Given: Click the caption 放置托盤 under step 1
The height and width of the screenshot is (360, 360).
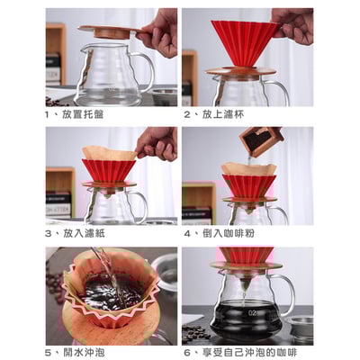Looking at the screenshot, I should click(x=86, y=115).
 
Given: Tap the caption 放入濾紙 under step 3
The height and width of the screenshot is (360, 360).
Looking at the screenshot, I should click(x=86, y=233).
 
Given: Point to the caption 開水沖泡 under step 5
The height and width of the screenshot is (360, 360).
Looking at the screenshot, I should click(x=86, y=352).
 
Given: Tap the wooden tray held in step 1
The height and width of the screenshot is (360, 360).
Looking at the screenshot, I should click(x=108, y=31).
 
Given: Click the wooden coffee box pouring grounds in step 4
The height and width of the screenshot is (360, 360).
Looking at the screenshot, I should click(x=262, y=140).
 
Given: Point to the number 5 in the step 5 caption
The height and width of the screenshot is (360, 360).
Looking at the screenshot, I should click(x=47, y=352).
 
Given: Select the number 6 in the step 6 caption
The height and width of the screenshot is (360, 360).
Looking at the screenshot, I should click(x=186, y=352).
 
